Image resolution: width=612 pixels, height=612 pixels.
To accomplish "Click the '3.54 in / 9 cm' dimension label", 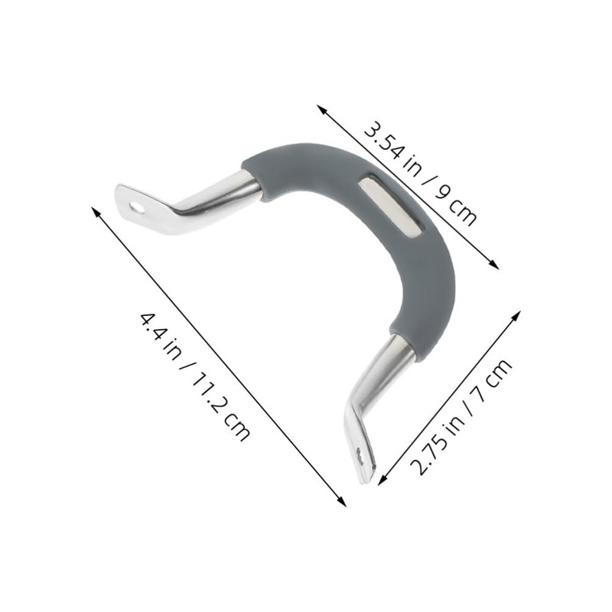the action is (x=420, y=174).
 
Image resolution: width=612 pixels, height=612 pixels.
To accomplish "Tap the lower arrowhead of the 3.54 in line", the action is (x=494, y=265).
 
